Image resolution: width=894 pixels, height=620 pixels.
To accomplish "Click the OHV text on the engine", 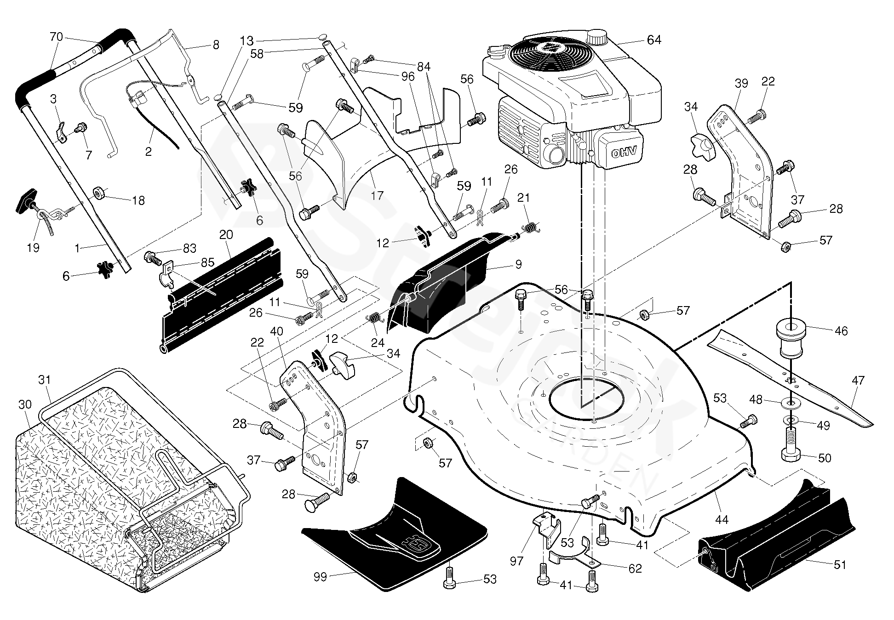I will (x=623, y=153).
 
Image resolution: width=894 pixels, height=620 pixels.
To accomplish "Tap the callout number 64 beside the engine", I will (x=653, y=40).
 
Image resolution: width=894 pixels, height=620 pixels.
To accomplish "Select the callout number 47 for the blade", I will (x=858, y=381).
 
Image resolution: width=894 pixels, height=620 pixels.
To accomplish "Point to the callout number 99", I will (x=320, y=577).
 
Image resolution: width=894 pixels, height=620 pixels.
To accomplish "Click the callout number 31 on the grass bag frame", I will (x=45, y=380).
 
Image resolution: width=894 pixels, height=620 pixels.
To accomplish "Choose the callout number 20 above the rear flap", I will (x=226, y=235).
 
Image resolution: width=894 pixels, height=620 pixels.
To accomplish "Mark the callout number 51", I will (x=840, y=564).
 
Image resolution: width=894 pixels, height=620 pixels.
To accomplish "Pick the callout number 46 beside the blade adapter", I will (x=841, y=331).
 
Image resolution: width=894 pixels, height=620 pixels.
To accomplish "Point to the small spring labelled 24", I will (x=375, y=317).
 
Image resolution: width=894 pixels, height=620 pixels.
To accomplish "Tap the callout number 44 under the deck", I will (x=722, y=520).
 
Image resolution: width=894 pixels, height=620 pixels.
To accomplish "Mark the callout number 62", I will (x=635, y=569).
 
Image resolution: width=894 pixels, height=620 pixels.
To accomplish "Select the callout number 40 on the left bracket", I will (x=277, y=331).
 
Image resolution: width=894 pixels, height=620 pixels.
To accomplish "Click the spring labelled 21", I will (x=530, y=228).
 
